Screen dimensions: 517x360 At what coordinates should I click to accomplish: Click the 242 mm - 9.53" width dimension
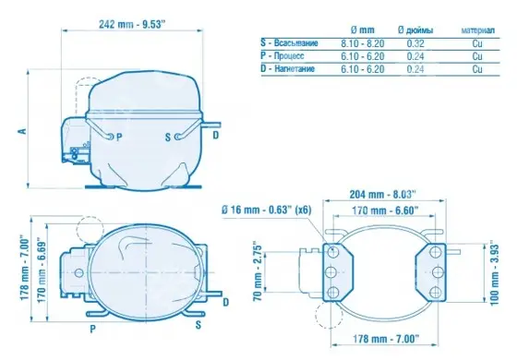coord(132,24)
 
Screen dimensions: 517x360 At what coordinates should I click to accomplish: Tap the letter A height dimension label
coord(22,131)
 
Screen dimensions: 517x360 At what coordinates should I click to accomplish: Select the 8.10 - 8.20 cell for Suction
coord(362,43)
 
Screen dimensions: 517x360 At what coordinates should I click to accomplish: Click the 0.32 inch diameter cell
coord(415,43)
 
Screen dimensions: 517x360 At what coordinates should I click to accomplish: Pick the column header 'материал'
coord(478,30)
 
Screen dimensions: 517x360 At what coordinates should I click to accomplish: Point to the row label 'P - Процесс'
coord(283,55)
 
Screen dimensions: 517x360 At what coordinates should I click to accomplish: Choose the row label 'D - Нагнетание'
coord(287,68)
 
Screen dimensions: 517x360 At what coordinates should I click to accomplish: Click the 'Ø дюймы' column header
coord(415,30)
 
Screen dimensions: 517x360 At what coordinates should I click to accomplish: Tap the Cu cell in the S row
coord(477,43)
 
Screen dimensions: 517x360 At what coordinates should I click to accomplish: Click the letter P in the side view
coord(119,137)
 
